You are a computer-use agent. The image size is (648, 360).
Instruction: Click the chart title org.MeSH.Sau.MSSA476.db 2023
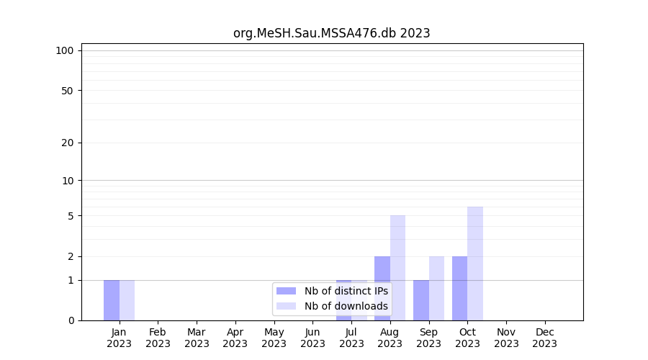(332, 33)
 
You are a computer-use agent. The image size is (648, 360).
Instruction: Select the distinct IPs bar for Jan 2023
(112, 300)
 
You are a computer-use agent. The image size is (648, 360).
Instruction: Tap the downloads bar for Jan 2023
(127, 300)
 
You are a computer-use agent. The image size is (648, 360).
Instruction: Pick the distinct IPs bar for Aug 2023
(382, 288)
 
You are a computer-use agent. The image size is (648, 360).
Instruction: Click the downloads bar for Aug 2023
(397, 268)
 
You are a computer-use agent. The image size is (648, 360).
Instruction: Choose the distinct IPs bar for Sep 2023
(421, 300)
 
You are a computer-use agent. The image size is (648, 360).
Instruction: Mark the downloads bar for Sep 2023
(436, 288)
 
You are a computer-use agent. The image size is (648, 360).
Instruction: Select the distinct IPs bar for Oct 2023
(459, 288)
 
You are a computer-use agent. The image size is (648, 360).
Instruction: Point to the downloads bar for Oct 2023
(475, 264)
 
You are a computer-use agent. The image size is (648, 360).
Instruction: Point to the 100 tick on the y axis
(65, 50)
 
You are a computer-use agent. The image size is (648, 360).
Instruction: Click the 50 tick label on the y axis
(68, 91)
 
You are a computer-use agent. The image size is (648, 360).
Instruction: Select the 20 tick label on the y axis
(68, 143)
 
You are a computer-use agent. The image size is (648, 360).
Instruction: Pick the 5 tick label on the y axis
(71, 216)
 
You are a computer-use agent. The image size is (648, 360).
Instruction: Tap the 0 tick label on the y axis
(71, 320)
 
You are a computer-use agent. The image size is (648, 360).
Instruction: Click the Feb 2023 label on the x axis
(158, 338)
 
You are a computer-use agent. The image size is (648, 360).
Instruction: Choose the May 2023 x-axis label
(274, 338)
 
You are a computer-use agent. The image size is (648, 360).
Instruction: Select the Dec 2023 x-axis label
(545, 338)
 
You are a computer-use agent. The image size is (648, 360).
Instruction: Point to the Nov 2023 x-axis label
(506, 338)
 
